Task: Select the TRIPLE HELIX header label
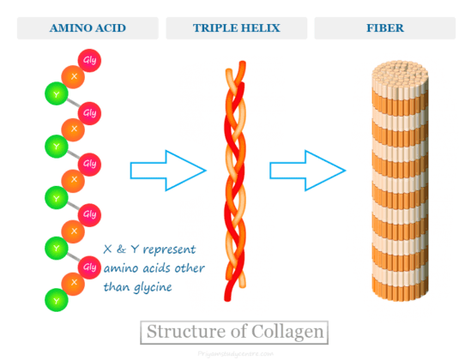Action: (234, 28)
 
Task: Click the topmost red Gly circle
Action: (89, 61)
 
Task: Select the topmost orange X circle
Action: (74, 77)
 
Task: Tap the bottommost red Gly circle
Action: (89, 267)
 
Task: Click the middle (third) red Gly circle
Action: (89, 164)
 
